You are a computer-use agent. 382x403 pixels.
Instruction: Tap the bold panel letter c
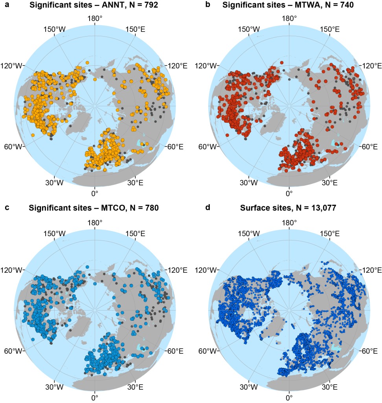[5, 208]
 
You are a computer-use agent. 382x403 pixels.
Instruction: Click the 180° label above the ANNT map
[95, 18]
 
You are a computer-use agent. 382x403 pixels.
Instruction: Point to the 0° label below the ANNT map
[95, 194]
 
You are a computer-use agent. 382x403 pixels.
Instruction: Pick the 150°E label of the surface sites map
[329, 233]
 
